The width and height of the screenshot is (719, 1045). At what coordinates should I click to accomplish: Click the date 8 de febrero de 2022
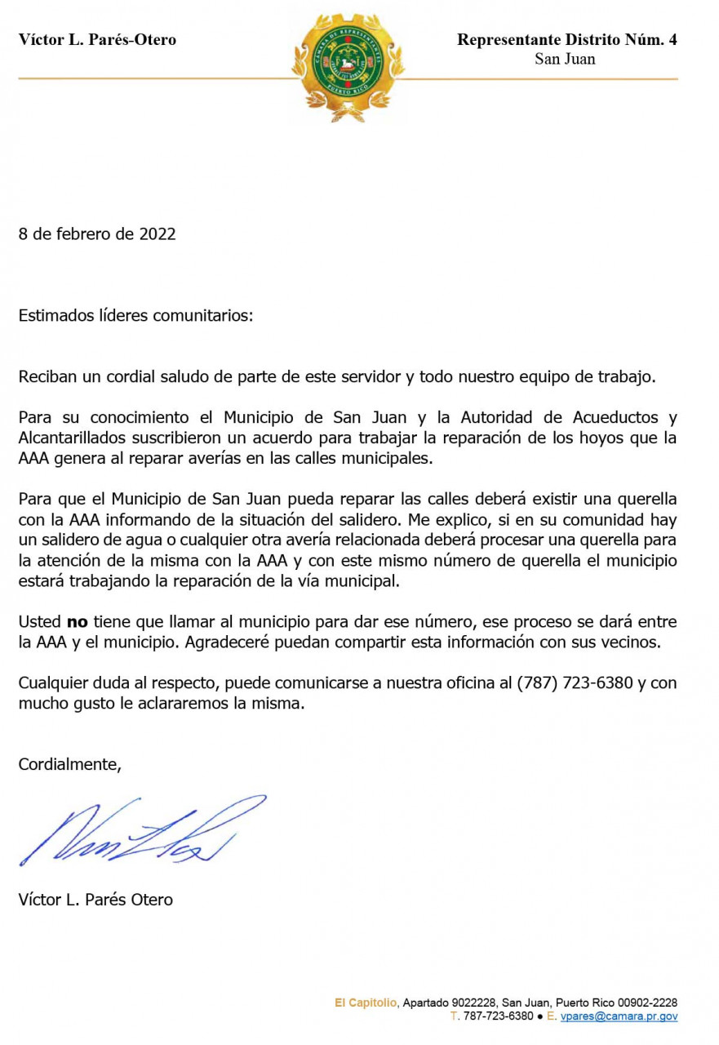(x=97, y=234)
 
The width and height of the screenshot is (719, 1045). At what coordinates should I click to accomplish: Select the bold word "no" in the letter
(x=77, y=622)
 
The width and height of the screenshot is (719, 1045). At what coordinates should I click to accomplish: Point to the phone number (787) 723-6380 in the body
(x=575, y=683)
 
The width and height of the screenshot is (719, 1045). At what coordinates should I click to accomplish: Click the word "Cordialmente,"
(x=70, y=764)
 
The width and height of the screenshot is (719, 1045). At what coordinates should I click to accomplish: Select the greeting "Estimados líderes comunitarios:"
(x=136, y=316)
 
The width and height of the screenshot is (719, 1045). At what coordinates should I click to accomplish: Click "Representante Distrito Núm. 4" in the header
(x=566, y=39)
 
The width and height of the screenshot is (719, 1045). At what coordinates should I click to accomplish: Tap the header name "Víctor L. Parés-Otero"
(x=97, y=39)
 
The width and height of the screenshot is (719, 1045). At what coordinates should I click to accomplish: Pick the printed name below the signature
(x=95, y=900)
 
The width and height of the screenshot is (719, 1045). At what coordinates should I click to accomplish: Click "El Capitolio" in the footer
(x=366, y=1003)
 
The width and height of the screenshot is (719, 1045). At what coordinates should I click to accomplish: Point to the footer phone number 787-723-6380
(x=498, y=1016)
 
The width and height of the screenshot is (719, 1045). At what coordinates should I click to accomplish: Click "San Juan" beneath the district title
(x=565, y=59)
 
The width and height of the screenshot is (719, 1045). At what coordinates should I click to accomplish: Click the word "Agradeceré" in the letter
(x=224, y=642)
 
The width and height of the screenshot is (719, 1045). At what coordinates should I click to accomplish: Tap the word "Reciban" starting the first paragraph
(x=46, y=376)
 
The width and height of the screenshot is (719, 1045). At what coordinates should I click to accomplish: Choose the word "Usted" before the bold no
(x=39, y=622)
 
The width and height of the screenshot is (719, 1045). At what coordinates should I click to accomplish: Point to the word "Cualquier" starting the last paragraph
(x=51, y=683)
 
